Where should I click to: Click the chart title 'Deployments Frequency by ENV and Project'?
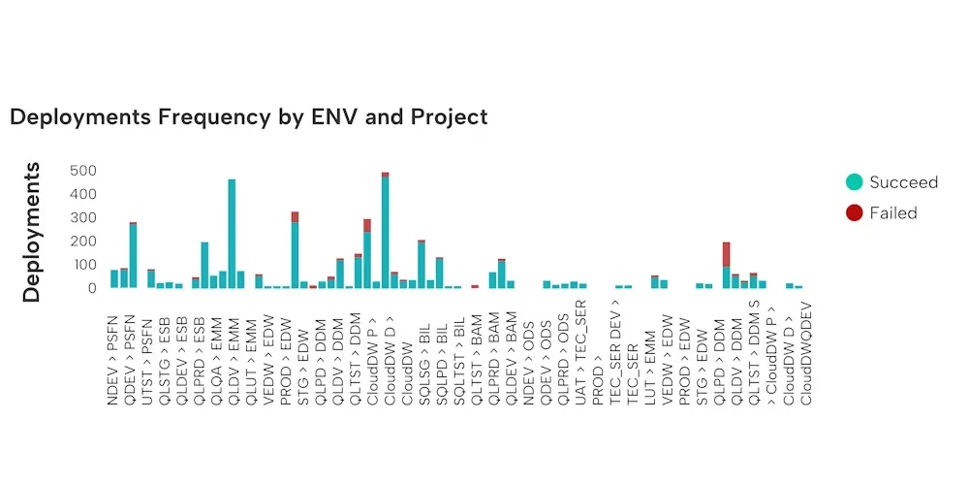point(248,117)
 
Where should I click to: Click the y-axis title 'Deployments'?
point(31,232)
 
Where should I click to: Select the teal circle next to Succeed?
point(854,181)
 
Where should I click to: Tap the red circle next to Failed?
point(854,212)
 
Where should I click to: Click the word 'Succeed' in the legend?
point(903,182)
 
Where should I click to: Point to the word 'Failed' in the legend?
point(892,213)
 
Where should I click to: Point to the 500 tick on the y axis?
point(84,171)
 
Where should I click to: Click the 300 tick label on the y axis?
point(84,217)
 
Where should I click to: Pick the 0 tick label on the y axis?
point(92,288)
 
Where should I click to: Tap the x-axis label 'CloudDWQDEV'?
point(806,356)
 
